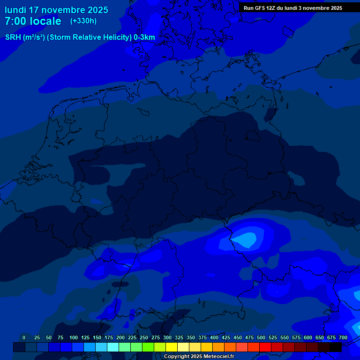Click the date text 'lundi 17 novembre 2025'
(56, 10)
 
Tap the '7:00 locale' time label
(33, 21)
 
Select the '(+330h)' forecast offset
(83, 21)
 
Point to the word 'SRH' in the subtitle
(13, 37)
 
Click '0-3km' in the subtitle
(144, 37)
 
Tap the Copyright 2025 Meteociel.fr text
(199, 357)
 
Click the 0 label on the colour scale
(23, 337)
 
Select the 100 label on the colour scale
(74, 337)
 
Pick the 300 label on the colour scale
(167, 337)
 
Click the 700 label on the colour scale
(343, 337)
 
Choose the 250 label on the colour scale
(144, 337)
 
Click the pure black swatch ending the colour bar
(336, 347)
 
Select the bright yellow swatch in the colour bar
(172, 347)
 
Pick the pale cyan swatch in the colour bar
(113, 347)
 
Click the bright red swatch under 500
(265, 347)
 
